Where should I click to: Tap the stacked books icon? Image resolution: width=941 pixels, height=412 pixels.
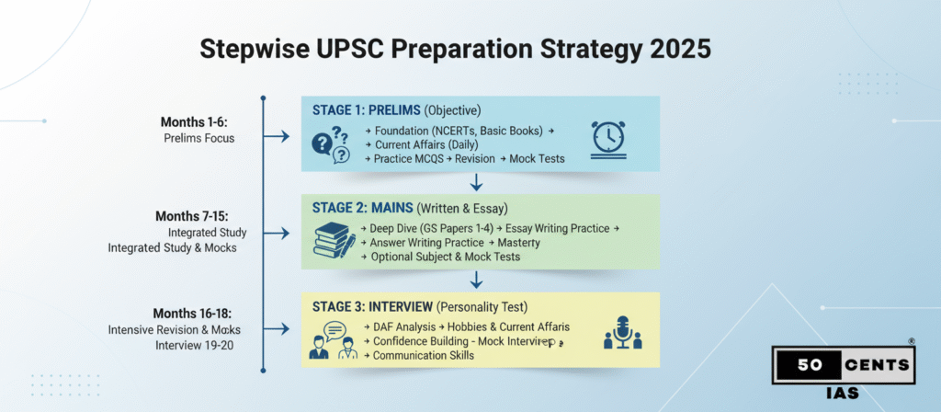click(334, 241)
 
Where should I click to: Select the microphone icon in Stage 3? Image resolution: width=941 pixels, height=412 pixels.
click(621, 334)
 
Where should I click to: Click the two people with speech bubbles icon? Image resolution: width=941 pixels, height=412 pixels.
click(332, 339)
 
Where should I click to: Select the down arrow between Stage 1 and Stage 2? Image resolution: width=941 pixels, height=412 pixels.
click(476, 181)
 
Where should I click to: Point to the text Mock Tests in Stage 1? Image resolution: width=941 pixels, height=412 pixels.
click(537, 159)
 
